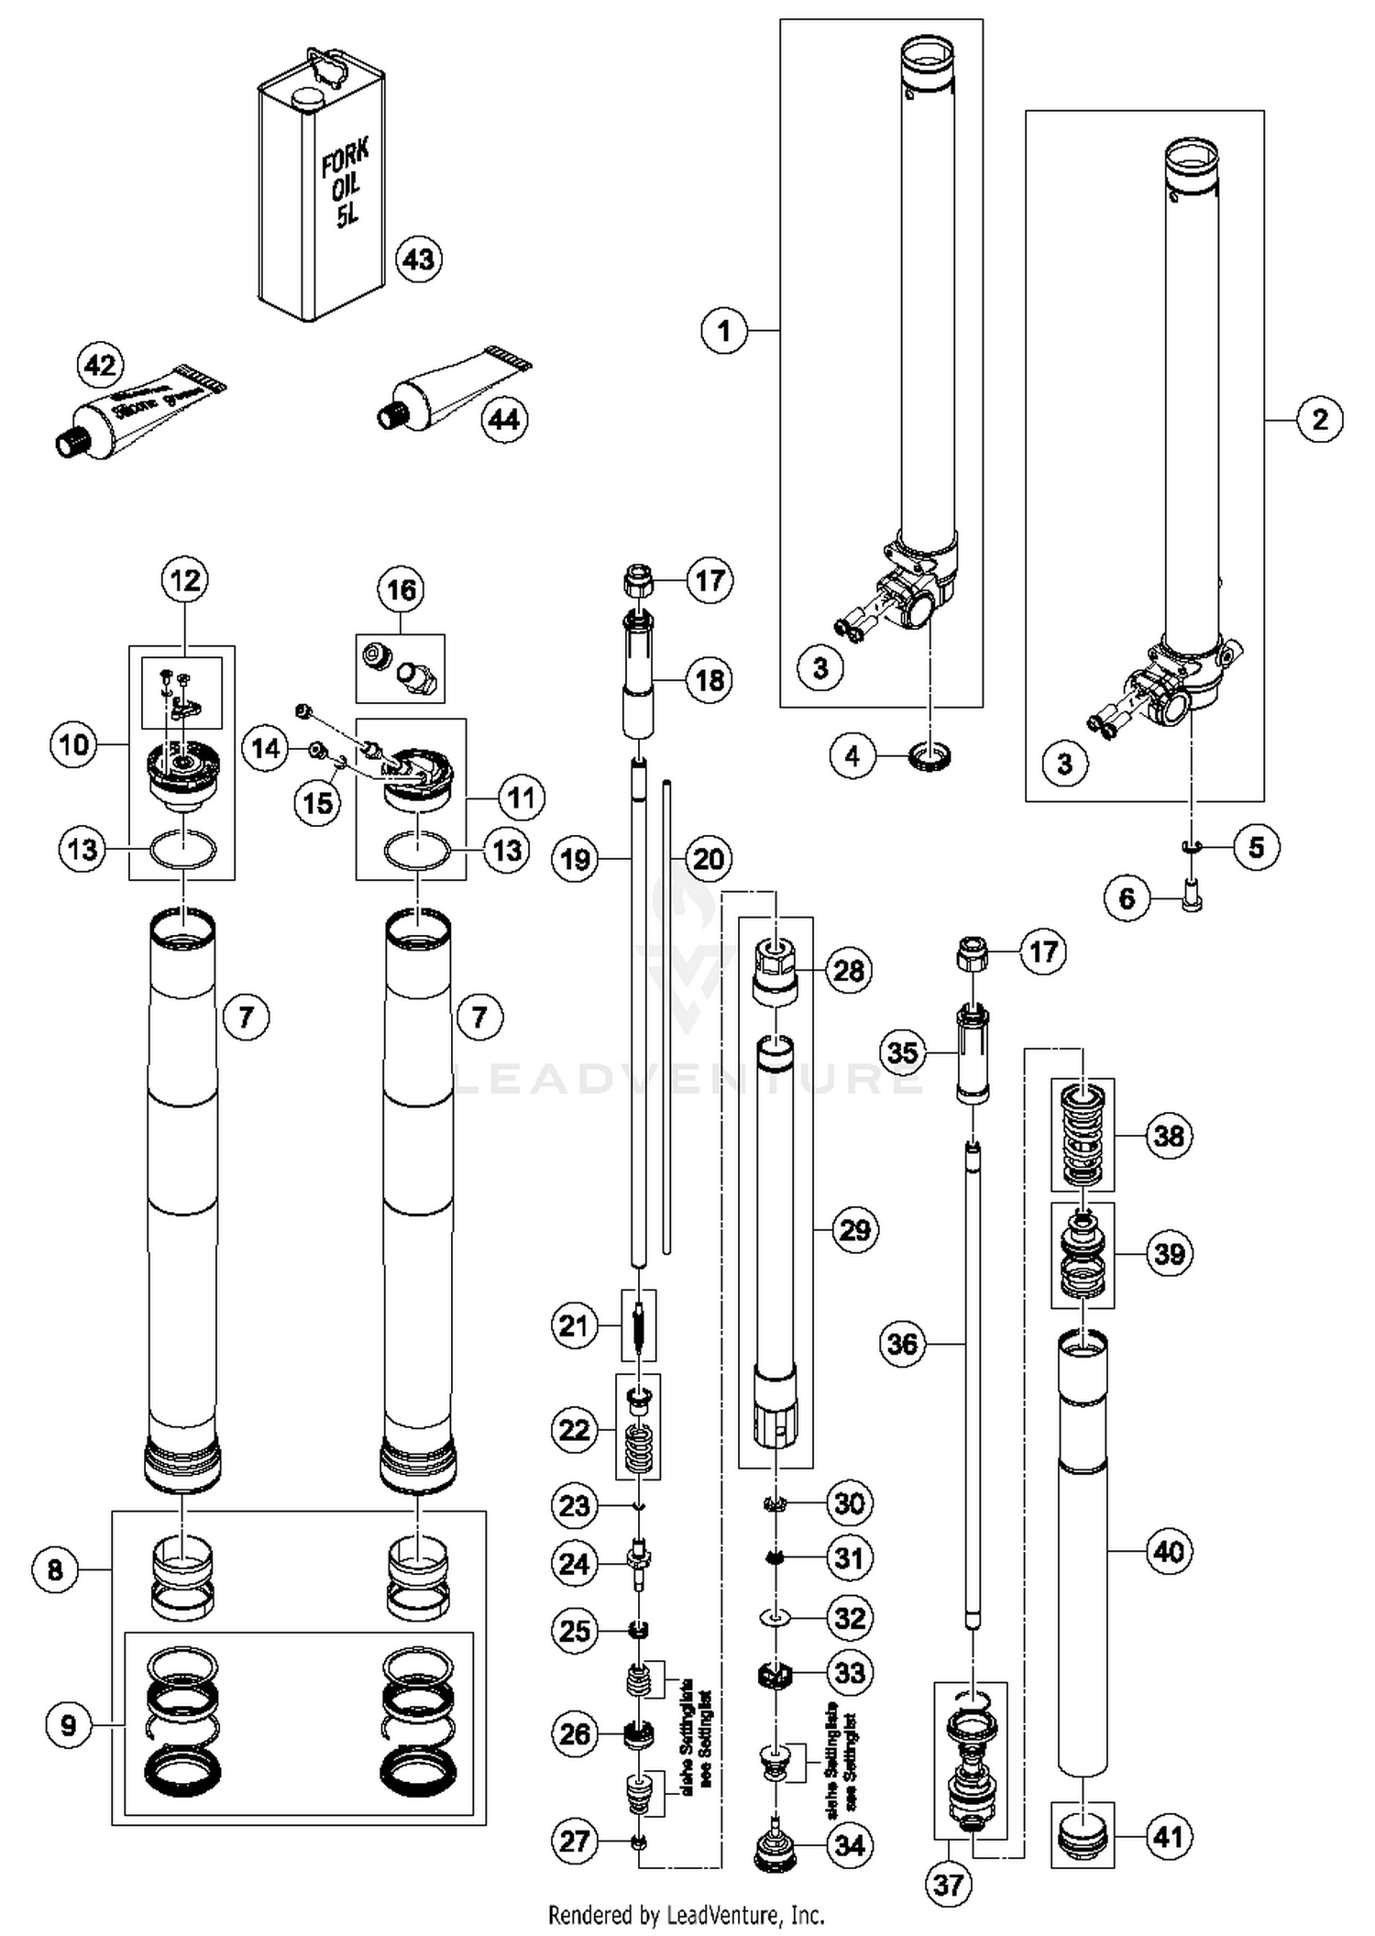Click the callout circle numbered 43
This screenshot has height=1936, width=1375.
(x=419, y=259)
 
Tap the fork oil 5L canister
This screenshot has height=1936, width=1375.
(x=321, y=192)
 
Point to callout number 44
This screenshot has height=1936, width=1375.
(x=504, y=420)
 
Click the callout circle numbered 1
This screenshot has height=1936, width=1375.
(x=724, y=330)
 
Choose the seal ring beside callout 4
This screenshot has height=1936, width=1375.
(x=929, y=757)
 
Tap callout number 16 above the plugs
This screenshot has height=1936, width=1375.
(x=401, y=589)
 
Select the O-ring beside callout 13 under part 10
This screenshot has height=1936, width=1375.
(x=183, y=850)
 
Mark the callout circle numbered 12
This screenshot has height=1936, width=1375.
(x=185, y=580)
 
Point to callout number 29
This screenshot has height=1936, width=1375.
(x=854, y=1229)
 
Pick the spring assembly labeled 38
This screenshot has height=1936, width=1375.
(x=1083, y=1136)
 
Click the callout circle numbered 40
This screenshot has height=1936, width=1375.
(x=1169, y=1552)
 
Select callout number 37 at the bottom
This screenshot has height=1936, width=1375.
(x=948, y=1885)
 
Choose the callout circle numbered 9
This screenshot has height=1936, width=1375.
(x=69, y=1726)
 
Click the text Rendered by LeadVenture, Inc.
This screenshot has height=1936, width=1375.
(x=686, y=1915)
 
